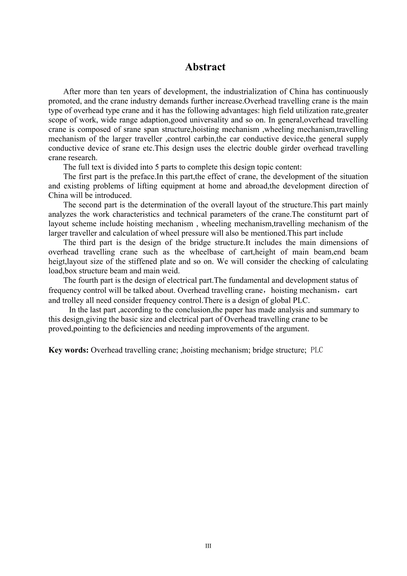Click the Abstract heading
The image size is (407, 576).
[205, 67]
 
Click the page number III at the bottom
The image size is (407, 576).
[208, 546]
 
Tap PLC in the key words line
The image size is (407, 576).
[317, 350]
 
